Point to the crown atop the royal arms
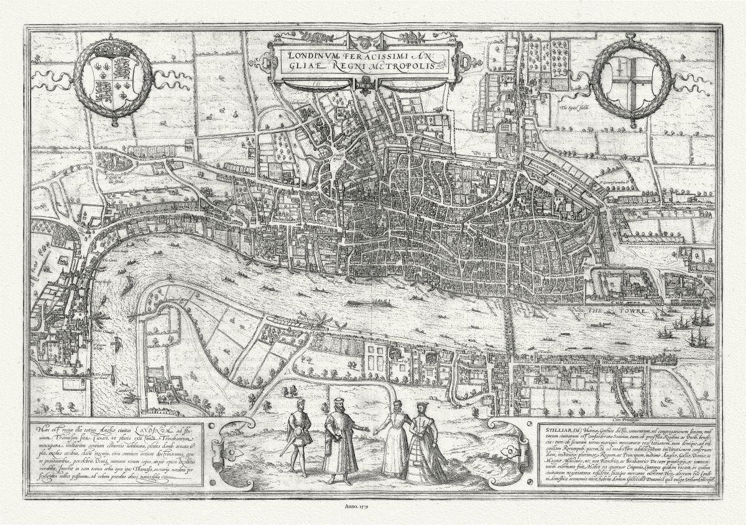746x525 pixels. (x=113, y=47)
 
